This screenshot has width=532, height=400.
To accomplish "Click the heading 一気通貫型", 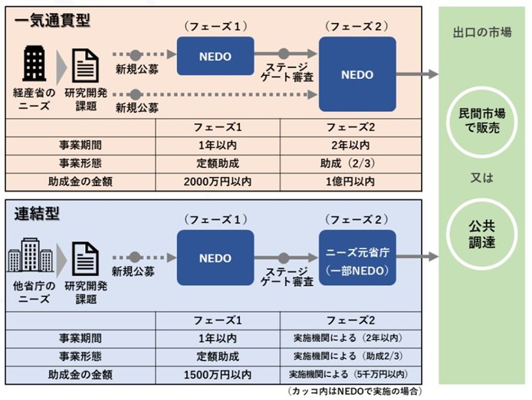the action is (52, 21).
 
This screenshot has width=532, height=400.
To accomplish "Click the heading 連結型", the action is (37, 214).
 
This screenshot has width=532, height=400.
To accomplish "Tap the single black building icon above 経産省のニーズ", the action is (34, 64).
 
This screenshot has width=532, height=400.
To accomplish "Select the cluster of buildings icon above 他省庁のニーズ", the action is (30, 255).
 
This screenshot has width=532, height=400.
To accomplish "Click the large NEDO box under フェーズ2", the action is (357, 74).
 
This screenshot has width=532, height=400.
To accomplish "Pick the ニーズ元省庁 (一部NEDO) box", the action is (357, 257).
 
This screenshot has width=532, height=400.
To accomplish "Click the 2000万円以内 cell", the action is (218, 182).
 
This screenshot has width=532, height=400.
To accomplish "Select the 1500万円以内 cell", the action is (218, 375).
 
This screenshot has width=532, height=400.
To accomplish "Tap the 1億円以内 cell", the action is (350, 182).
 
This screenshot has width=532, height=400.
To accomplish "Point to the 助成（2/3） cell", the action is (350, 163).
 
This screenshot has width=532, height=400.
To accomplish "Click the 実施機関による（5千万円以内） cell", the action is (350, 375).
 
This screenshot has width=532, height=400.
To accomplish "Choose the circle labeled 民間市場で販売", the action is (481, 122).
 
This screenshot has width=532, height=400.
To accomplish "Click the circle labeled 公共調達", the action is (481, 234).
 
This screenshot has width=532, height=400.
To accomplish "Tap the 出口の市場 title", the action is (482, 33).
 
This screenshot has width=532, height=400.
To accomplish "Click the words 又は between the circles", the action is (481, 178).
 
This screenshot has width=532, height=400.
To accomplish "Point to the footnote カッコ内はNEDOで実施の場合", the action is (355, 392).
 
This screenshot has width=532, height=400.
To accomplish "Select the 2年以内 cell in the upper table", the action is (350, 146).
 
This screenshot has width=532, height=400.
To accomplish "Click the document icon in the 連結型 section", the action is (86, 258).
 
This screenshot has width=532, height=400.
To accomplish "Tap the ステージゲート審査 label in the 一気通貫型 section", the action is (287, 72).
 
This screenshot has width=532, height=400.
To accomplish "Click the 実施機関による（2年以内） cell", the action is (350, 338).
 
